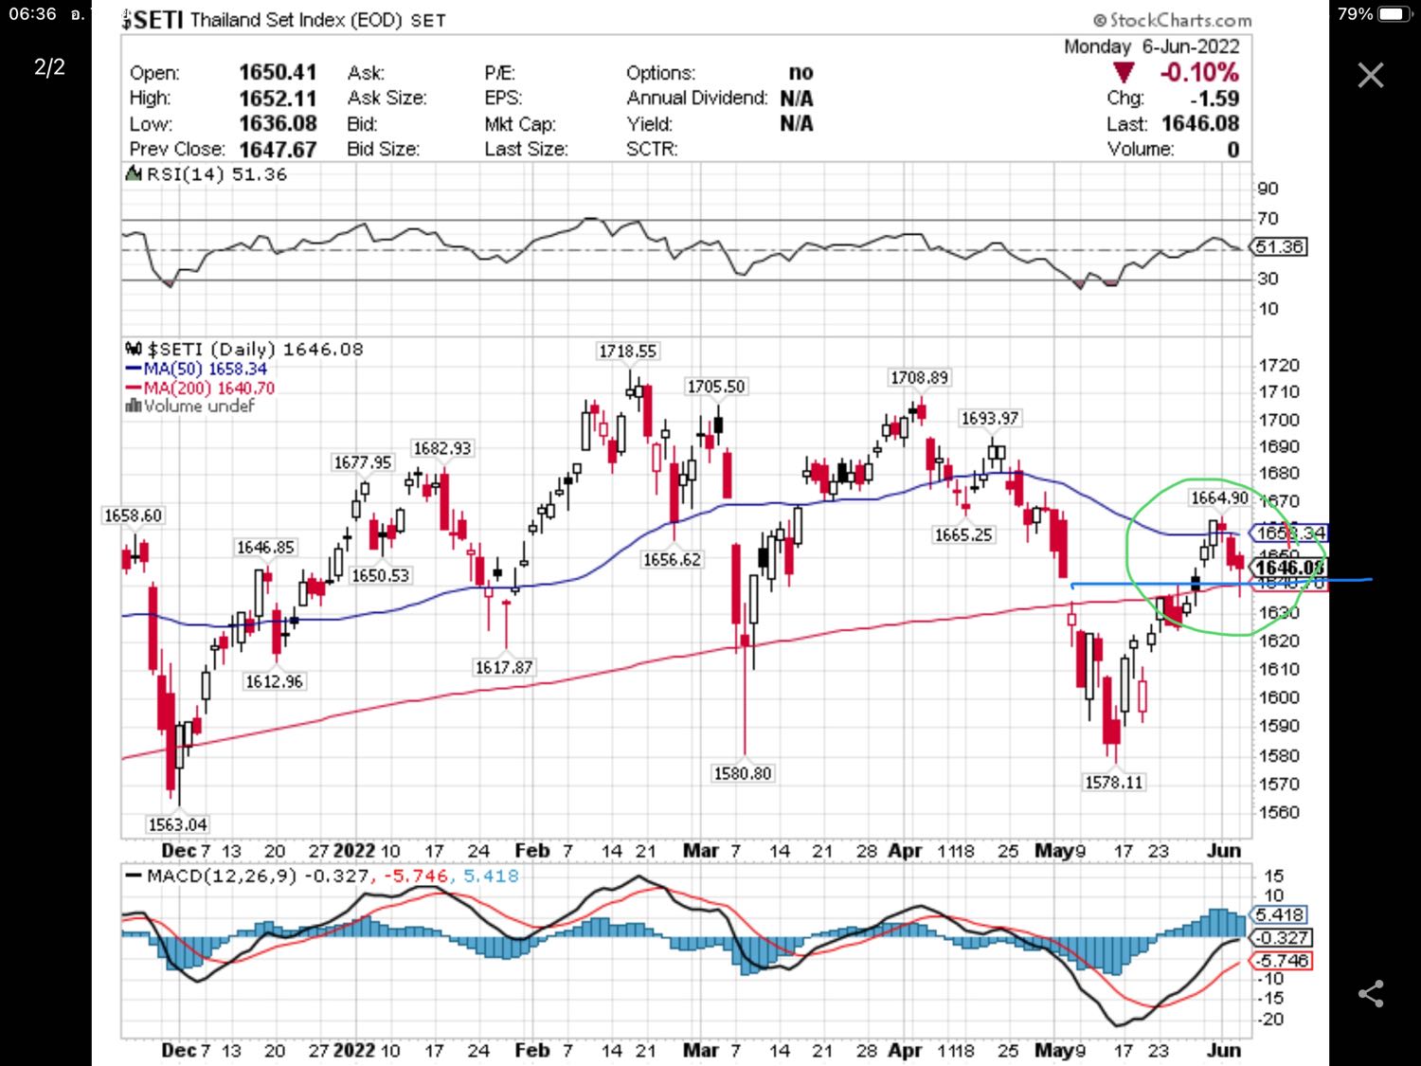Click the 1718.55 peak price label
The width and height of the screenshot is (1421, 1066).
click(627, 352)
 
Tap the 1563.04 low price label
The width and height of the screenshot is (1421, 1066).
click(178, 824)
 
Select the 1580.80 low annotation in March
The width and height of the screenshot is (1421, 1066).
click(743, 773)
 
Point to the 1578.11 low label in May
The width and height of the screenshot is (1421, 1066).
click(1114, 782)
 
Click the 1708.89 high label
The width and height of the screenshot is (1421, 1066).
click(918, 377)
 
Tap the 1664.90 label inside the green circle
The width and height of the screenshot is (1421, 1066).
click(1219, 497)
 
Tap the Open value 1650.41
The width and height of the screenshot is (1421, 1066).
click(278, 72)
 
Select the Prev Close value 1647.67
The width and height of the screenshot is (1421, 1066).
click(278, 149)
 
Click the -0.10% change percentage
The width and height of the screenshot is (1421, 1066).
click(1198, 72)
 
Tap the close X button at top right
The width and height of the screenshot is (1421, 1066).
click(1370, 76)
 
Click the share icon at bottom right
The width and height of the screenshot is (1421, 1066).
click(1371, 993)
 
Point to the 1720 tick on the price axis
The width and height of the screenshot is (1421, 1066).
click(1278, 365)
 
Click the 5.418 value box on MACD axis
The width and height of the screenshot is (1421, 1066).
click(1280, 914)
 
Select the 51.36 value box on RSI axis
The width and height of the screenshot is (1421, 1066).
click(1279, 246)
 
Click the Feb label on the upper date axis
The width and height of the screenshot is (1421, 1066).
click(531, 850)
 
